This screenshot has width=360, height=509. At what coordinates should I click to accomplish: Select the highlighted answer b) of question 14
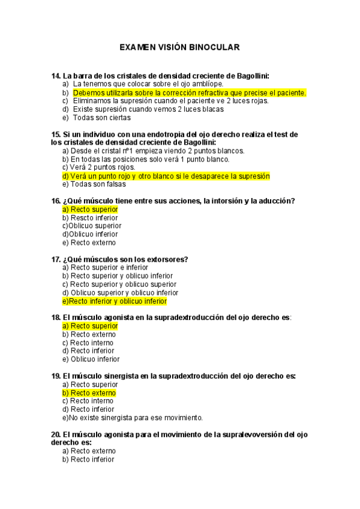[189, 93]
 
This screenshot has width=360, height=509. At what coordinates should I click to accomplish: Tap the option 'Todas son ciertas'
[101, 118]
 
